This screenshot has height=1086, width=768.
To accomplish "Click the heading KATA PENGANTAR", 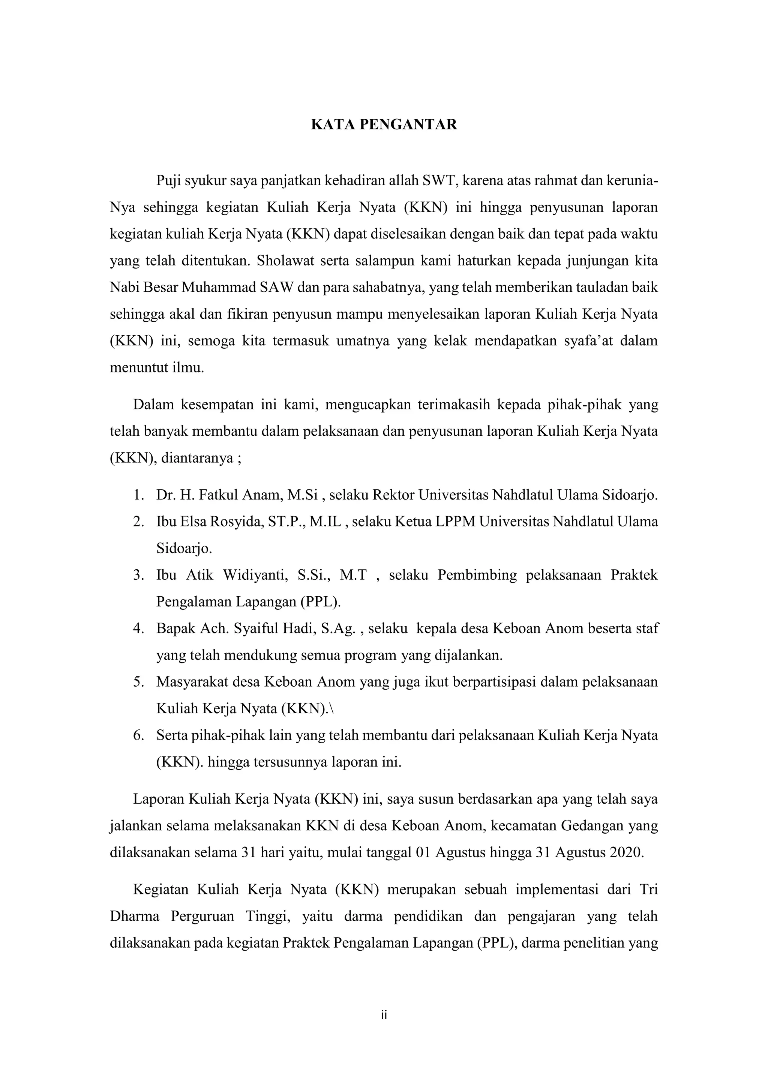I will [x=384, y=125].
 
